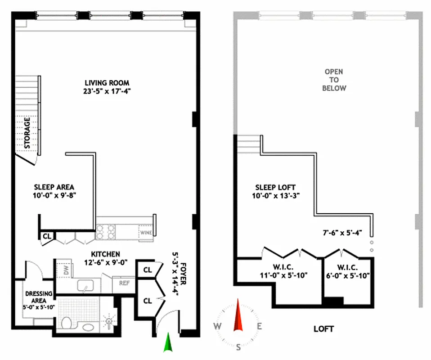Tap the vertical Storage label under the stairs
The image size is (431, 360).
(27, 133)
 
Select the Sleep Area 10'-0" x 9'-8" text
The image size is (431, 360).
(54, 191)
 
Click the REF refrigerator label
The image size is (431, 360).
(124, 283)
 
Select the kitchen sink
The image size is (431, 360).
(82, 286)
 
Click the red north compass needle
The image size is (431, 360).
(238, 318)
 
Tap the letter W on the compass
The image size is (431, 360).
(217, 326)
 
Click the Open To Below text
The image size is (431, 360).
(334, 80)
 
